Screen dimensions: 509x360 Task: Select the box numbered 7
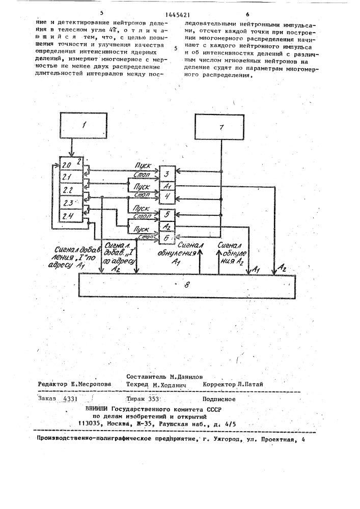click(221, 127)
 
